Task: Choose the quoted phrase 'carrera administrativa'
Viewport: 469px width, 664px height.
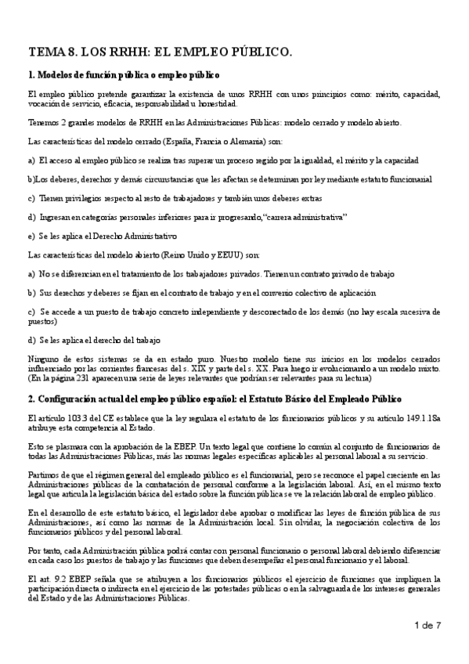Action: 302,216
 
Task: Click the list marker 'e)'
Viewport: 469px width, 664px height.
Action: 31,236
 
